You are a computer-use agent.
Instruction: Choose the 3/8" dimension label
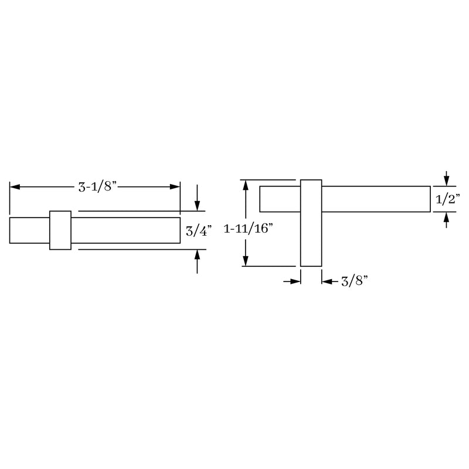click(354, 282)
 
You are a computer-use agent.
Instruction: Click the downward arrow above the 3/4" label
click(198, 205)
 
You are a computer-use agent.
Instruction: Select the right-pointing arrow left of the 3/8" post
click(295, 282)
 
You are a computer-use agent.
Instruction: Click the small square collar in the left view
click(60, 230)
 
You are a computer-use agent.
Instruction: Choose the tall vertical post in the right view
click(311, 223)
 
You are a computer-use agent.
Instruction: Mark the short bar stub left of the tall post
click(280, 199)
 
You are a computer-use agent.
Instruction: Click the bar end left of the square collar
click(29, 230)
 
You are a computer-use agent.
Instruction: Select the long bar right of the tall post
click(375, 199)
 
